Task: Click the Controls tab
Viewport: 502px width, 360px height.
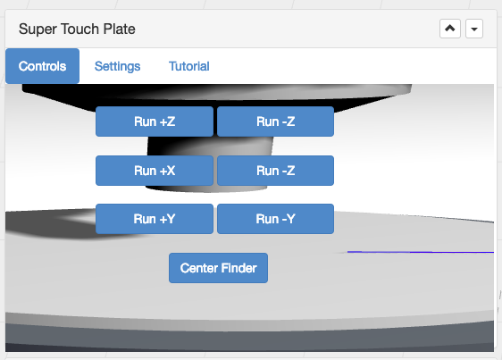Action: pyautogui.click(x=42, y=66)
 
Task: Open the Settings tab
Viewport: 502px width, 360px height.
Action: pyautogui.click(x=118, y=66)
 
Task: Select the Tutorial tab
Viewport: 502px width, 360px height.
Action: pyautogui.click(x=189, y=66)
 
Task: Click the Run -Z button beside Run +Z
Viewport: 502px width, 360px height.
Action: pyautogui.click(x=276, y=121)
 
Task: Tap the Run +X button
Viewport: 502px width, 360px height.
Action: pyautogui.click(x=155, y=171)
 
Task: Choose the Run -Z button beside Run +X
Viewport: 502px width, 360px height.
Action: pyautogui.click(x=276, y=171)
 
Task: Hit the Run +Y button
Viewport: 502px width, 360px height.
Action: pyautogui.click(x=155, y=219)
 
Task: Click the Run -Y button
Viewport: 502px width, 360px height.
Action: pyautogui.click(x=276, y=219)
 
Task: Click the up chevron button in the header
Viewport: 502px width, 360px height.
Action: pyautogui.click(x=450, y=29)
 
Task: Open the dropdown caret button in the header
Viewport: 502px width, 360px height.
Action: pyautogui.click(x=474, y=29)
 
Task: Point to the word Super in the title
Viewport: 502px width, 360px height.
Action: pyautogui.click(x=38, y=29)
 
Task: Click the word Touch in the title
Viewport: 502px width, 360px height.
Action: pyautogui.click(x=79, y=29)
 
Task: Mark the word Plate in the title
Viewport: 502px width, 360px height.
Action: pyautogui.click(x=119, y=29)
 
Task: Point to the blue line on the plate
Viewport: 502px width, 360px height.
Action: pyautogui.click(x=421, y=252)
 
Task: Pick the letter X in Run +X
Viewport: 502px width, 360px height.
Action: pyautogui.click(x=172, y=171)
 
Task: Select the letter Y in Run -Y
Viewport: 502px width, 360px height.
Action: pyautogui.click(x=290, y=219)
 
